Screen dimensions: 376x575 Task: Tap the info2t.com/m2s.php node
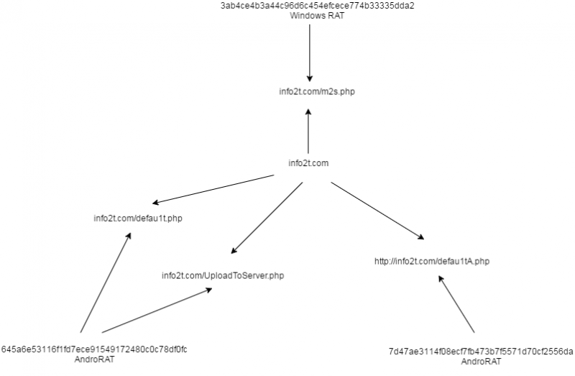point(309,92)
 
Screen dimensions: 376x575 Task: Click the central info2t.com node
point(308,163)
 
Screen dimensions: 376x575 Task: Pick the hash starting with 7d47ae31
point(480,352)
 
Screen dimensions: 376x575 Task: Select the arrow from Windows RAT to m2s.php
point(310,50)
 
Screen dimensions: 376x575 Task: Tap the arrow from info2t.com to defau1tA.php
point(375,209)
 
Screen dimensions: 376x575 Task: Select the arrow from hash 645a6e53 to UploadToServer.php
point(157,311)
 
